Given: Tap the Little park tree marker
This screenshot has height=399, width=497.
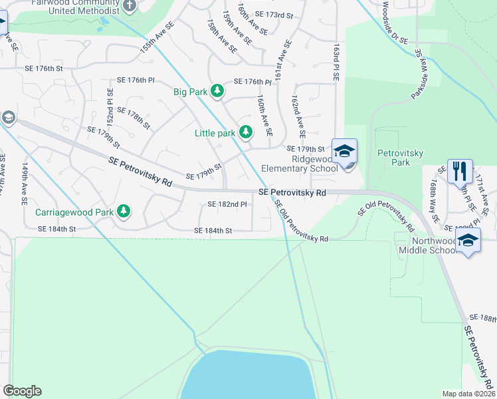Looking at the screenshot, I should pyautogui.click(x=246, y=132).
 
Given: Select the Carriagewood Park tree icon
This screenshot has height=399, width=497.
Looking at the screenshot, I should pyautogui.click(x=123, y=212).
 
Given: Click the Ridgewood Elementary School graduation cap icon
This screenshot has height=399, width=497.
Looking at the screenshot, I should pyautogui.click(x=345, y=152).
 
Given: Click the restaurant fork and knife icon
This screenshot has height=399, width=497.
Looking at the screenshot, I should pyautogui.click(x=460, y=172).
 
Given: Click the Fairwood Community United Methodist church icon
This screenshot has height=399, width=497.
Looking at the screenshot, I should pyautogui.click(x=130, y=6).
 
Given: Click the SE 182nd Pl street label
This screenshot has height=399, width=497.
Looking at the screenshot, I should pyautogui.click(x=227, y=204).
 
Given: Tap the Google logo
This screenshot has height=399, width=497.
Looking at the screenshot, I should pyautogui.click(x=22, y=391).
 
